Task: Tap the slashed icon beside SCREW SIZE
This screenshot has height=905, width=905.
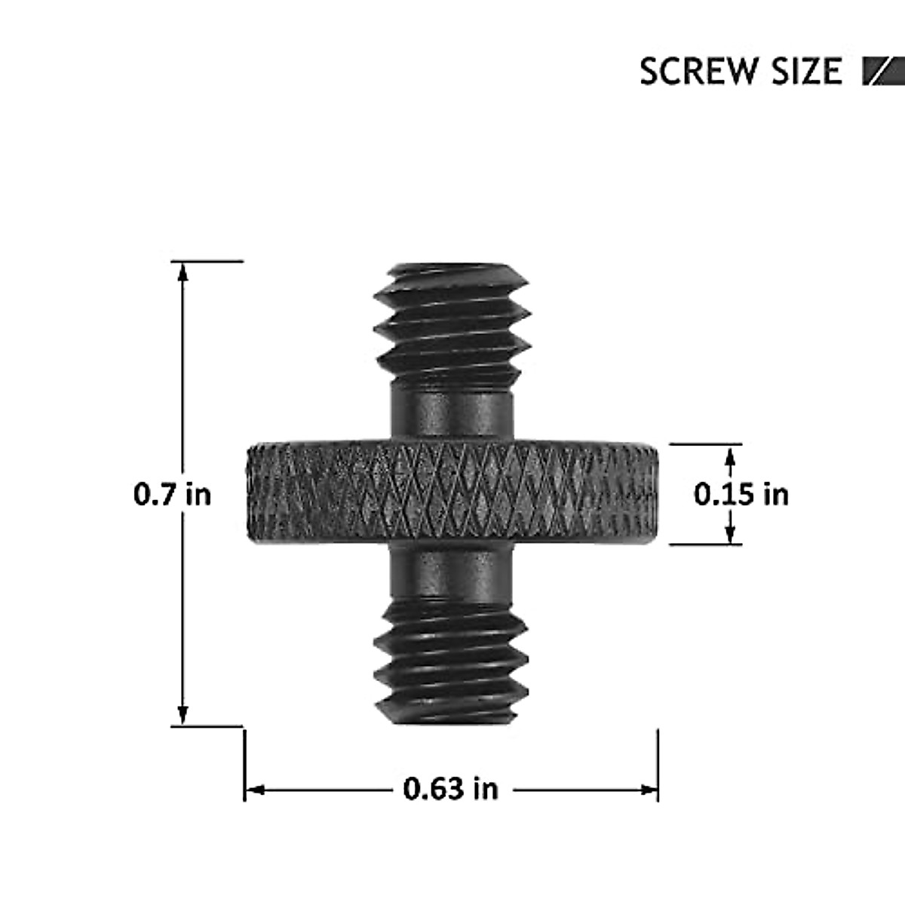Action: point(882,72)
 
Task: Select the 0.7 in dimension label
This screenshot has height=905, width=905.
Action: point(172,495)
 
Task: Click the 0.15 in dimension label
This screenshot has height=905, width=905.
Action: point(741,495)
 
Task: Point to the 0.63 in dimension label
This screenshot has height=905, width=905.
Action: point(450,790)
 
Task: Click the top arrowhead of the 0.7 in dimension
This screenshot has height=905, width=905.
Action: point(181,271)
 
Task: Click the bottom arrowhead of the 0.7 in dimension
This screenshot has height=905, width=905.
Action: point(181,716)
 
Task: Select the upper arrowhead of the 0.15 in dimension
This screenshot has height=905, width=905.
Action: point(729,452)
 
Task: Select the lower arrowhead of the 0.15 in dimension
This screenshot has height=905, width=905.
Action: point(729,535)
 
